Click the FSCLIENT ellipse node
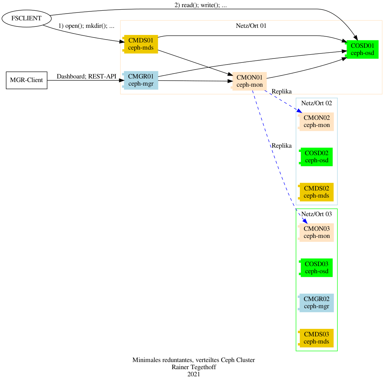click(26, 18)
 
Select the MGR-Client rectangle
click(26, 80)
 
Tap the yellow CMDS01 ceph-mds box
click(141, 44)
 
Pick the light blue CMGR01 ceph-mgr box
click(141, 80)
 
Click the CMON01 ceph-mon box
click(250, 81)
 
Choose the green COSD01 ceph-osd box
click(362, 49)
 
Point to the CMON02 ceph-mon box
click(316, 122)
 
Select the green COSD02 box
click(316, 157)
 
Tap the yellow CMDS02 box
click(316, 192)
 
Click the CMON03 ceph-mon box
click(316, 232)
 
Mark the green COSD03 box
click(316, 268)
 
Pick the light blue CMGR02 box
click(316, 303)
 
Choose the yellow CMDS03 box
click(316, 338)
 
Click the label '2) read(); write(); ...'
click(200, 5)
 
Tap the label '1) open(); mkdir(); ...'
click(86, 26)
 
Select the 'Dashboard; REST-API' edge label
click(86, 76)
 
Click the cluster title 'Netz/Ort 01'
click(251, 26)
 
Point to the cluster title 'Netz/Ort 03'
click(317, 214)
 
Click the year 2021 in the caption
click(193, 374)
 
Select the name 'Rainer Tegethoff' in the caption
click(193, 367)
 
